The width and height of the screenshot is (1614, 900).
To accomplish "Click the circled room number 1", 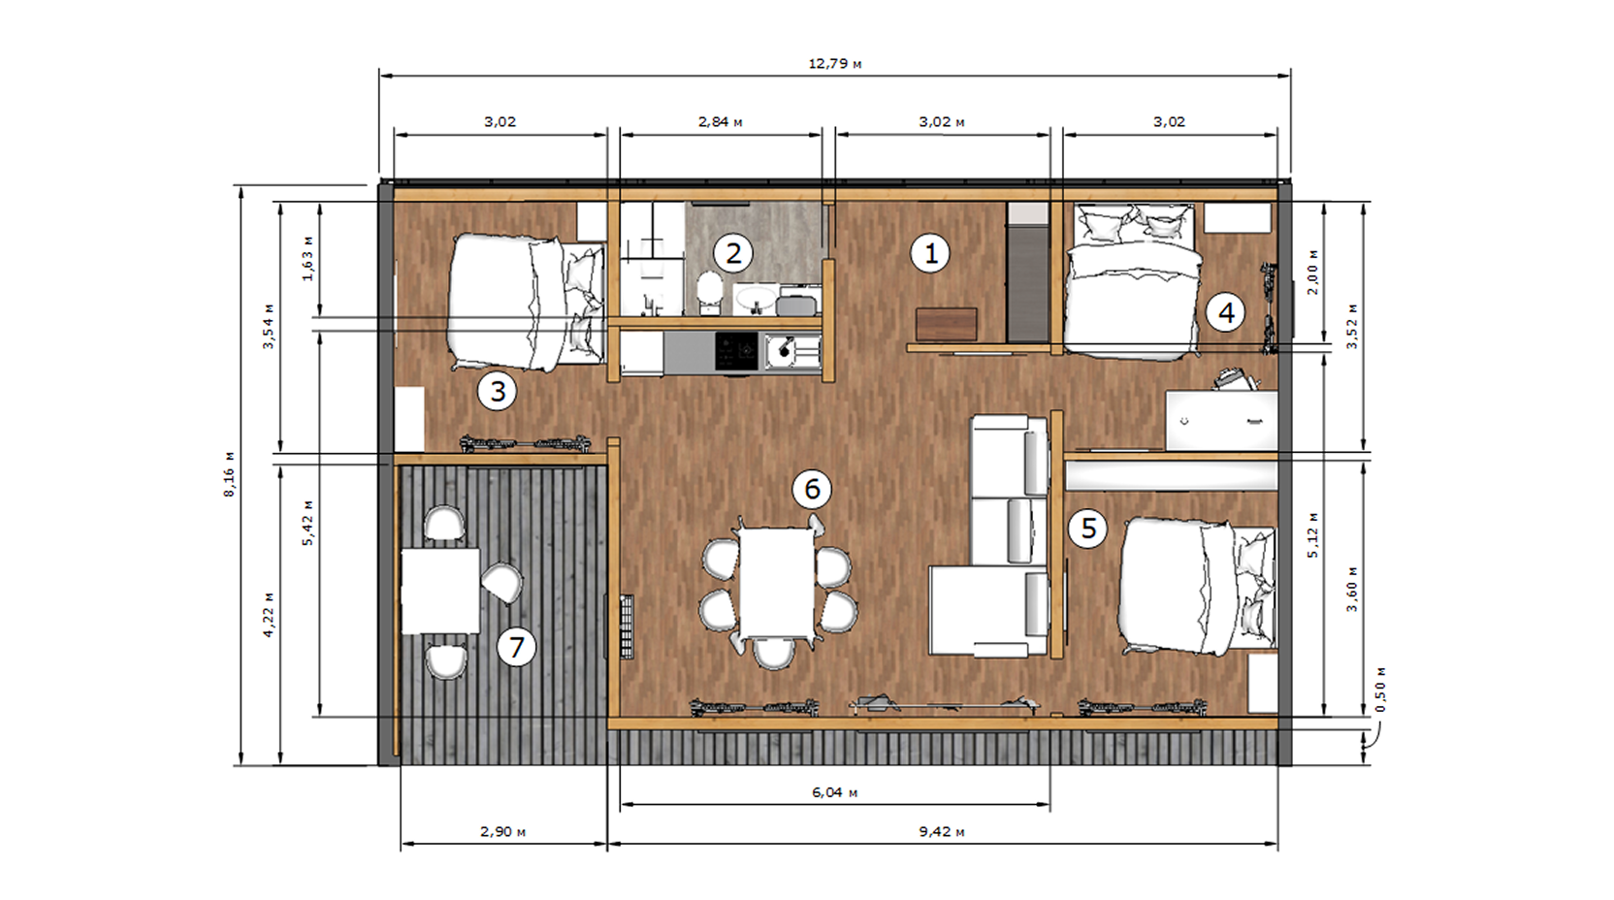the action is (930, 253).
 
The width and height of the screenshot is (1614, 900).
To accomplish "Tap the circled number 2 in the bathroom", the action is (732, 253).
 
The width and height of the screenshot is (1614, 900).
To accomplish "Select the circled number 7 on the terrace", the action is (516, 646).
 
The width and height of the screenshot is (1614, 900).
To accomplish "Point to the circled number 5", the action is (1088, 529).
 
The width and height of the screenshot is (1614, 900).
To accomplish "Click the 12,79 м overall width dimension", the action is (834, 63).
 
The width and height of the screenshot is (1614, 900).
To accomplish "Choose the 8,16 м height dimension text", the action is (229, 473).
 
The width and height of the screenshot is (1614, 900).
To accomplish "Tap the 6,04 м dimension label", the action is (834, 792).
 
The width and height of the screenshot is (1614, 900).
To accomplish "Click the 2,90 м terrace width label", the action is (503, 831).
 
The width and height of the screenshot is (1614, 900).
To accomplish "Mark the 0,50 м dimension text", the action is (1380, 690).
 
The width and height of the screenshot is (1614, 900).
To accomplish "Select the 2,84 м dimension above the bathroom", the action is (720, 122).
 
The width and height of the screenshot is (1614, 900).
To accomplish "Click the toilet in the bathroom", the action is (710, 292).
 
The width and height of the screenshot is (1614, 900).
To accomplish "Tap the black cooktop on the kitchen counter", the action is (736, 352).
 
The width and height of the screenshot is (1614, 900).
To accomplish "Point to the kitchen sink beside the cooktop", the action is (791, 352).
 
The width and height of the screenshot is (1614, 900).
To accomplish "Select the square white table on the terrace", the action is (440, 591).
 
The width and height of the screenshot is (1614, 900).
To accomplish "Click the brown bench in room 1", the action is (947, 324).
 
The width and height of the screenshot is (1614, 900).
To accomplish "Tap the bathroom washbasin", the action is (755, 298).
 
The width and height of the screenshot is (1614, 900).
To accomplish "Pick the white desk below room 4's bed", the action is (1221, 420).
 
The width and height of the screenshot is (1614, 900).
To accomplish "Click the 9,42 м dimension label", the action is (941, 831).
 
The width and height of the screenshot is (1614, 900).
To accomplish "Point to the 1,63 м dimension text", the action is (307, 258).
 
